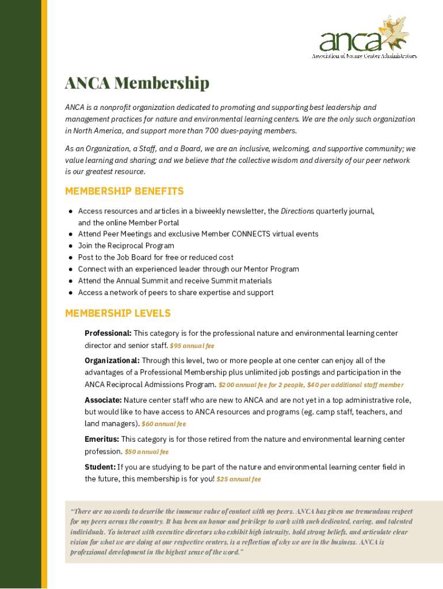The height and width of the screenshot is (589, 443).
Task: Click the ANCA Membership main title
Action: (x=137, y=83)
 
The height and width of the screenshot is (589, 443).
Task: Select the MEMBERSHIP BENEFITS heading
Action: (x=124, y=191)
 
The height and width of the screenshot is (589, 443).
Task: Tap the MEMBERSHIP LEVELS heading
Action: (x=118, y=313)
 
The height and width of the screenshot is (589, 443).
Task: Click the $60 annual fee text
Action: (x=164, y=424)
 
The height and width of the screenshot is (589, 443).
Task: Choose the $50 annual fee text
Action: (x=147, y=452)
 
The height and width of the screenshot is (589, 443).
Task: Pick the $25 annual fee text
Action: (x=239, y=479)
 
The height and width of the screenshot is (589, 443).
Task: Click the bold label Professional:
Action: (x=108, y=334)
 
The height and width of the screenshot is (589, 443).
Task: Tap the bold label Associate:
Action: (x=103, y=400)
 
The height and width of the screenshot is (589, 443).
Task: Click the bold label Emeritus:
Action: (x=102, y=439)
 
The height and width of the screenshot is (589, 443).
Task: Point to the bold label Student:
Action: (x=100, y=467)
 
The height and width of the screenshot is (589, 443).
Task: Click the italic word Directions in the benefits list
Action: (x=297, y=211)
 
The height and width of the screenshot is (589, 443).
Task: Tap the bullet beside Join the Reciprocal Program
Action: (x=70, y=246)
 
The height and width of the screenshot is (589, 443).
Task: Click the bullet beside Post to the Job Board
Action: (x=70, y=258)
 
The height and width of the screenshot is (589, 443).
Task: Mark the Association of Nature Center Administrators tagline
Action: (x=364, y=56)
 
